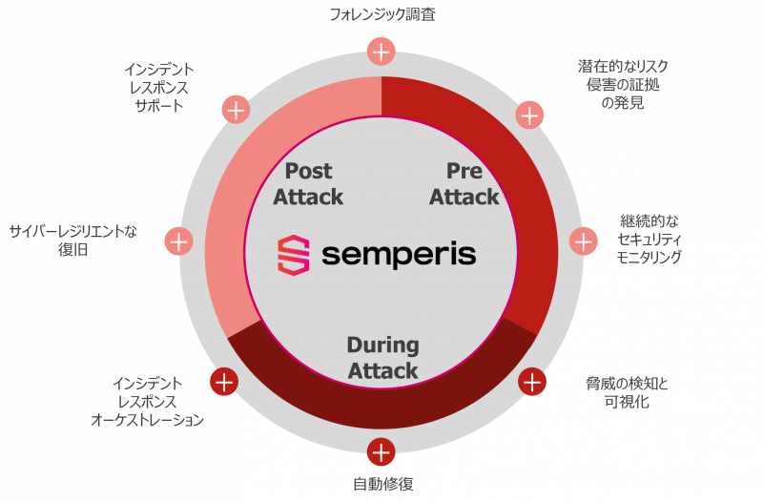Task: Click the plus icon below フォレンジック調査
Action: coord(381,52)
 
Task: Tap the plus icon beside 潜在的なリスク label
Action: coord(529,115)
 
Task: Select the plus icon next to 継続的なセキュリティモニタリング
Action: coord(583,241)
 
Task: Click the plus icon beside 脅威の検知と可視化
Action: coord(531,382)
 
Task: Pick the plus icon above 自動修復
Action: coord(381,451)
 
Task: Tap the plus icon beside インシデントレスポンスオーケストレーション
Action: coord(224,382)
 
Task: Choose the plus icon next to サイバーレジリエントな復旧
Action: coord(178,241)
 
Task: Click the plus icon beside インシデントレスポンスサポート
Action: coord(235,109)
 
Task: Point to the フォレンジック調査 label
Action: coord(382,15)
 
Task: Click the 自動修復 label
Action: coord(381,484)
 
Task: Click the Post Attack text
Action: coord(308,184)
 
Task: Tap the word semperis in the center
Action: coord(399,255)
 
